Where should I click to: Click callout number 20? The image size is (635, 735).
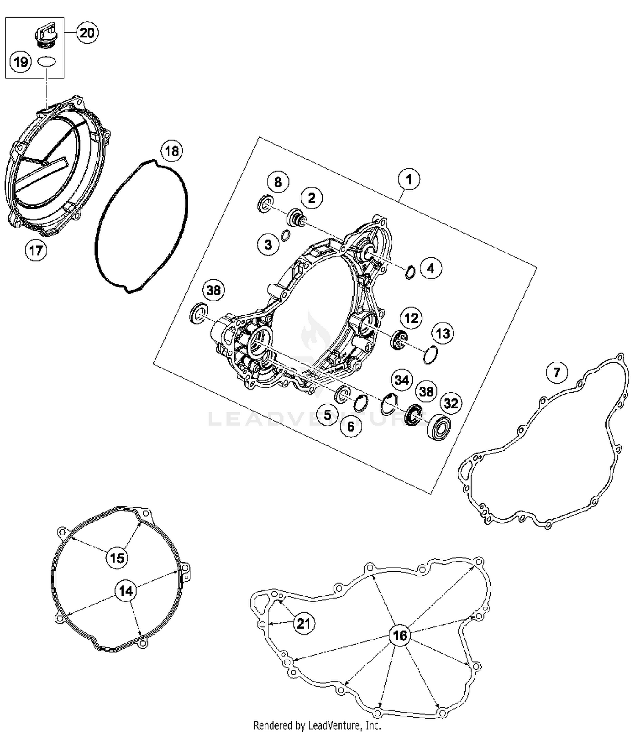(87, 33)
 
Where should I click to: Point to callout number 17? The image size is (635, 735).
(36, 250)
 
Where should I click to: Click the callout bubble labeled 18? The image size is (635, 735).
(171, 151)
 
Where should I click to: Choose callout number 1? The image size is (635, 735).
(409, 179)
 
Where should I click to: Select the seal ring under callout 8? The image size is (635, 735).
(265, 203)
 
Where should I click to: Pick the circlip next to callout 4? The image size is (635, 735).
(410, 272)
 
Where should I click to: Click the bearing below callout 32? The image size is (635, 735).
(439, 428)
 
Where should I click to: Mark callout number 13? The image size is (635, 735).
(443, 333)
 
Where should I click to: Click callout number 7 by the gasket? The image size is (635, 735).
(556, 372)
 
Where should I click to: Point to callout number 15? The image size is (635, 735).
(117, 557)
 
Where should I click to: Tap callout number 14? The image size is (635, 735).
(126, 590)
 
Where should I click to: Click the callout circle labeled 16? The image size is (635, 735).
(400, 635)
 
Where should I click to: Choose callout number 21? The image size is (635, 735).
(304, 624)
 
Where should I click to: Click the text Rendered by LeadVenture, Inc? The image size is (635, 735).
(317, 725)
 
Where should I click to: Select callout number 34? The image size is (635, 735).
(401, 380)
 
